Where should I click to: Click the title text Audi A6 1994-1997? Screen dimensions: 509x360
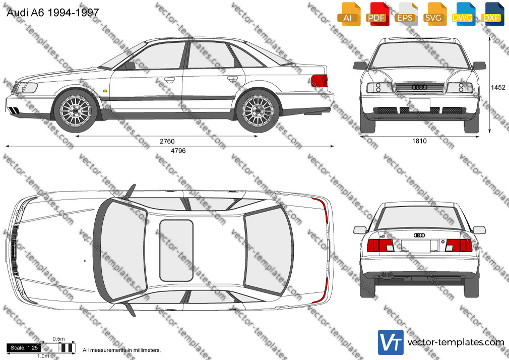tap(52, 12)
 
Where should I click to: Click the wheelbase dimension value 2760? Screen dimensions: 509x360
tap(167, 141)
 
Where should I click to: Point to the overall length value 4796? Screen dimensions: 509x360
tap(178, 151)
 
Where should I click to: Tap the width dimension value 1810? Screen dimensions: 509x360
tap(419, 141)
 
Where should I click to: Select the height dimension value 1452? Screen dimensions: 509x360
tap(498, 87)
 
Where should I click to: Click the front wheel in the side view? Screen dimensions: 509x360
tap(75, 111)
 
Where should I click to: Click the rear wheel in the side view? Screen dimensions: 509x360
tap(258, 111)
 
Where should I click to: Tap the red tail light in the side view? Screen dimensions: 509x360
tap(319, 81)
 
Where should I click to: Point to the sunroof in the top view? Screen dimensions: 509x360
tap(176, 251)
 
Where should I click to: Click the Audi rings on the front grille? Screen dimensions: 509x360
tap(419, 87)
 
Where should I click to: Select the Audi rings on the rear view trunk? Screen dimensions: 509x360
tap(419, 235)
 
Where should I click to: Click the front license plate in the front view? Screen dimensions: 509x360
tap(419, 105)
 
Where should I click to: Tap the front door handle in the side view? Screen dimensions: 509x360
tap(169, 79)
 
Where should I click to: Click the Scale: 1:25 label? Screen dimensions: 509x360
tap(24, 348)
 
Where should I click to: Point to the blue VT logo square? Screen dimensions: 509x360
tap(391, 342)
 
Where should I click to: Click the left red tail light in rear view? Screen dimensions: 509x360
tap(380, 246)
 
